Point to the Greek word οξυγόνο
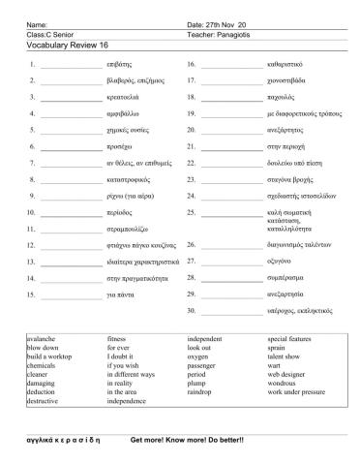pyautogui.click(x=281, y=261)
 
